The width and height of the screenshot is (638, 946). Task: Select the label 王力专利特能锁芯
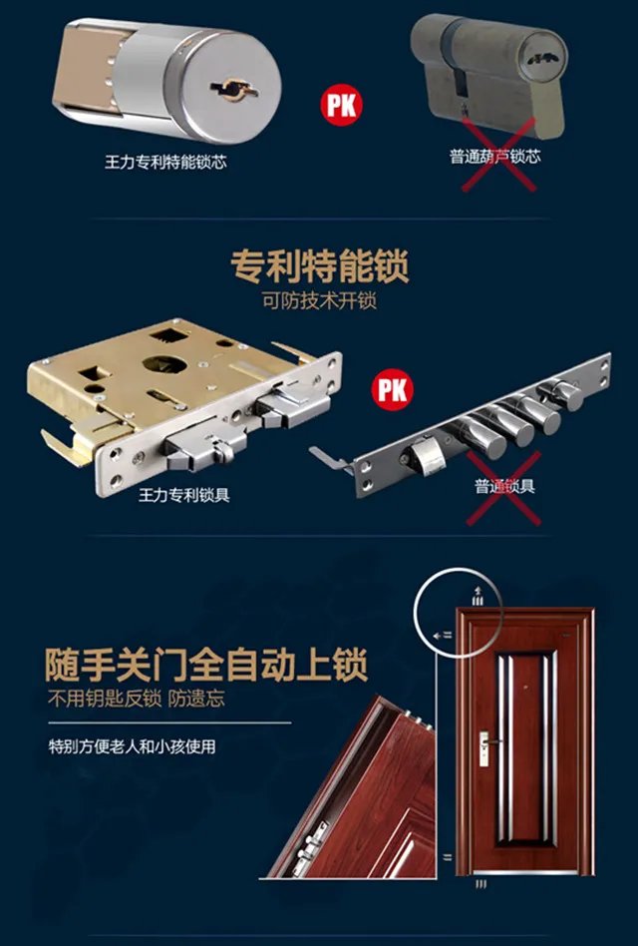[165, 161]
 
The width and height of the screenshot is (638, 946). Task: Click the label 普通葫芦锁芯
[495, 157]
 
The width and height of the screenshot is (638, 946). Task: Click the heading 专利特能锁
[320, 267]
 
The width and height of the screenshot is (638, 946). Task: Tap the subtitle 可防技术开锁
[320, 300]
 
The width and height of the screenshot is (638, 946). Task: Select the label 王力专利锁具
[184, 495]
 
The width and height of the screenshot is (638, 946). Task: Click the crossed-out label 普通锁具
[504, 487]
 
